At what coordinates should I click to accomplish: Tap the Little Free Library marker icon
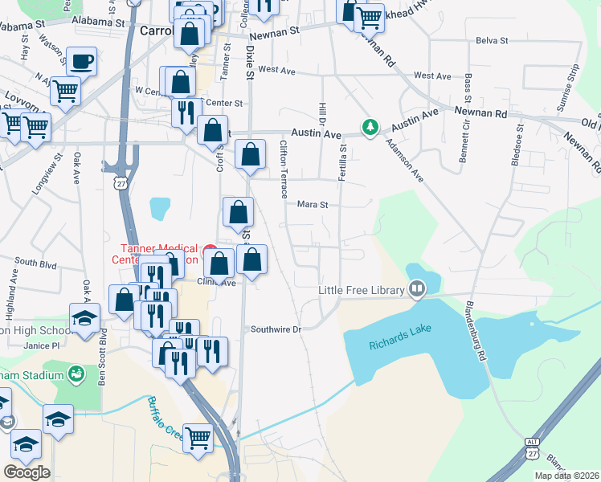[417, 288]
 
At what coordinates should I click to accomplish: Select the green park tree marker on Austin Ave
[370, 128]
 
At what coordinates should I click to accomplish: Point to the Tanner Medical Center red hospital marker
[211, 250]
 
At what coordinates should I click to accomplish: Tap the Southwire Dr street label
[275, 329]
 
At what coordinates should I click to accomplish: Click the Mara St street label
[313, 205]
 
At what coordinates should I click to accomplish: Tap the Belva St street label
[492, 40]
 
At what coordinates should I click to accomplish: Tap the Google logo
[27, 472]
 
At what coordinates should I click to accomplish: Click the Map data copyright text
[566, 476]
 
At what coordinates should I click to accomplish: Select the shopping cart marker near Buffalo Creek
[198, 439]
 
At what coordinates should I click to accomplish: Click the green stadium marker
[76, 373]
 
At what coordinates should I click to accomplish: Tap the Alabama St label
[100, 22]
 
